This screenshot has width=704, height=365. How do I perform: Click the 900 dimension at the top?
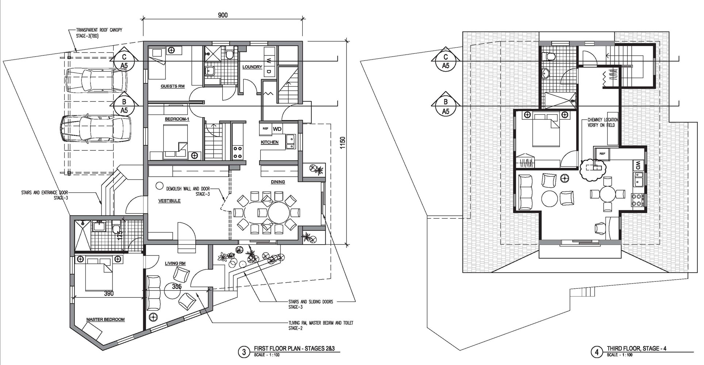[x=223, y=15]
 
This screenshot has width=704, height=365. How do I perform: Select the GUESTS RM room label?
[x=172, y=87]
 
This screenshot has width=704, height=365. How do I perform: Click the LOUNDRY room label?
[x=252, y=67]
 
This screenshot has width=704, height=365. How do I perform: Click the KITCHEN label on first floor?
[x=269, y=142]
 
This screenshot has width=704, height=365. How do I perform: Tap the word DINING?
[x=278, y=182]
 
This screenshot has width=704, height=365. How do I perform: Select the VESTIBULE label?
[x=169, y=201]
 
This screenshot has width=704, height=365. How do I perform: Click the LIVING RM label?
[x=175, y=263]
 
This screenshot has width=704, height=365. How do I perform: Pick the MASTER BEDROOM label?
[x=105, y=319]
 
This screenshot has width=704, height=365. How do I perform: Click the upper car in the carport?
[x=96, y=81]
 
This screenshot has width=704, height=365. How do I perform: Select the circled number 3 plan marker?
[x=242, y=352]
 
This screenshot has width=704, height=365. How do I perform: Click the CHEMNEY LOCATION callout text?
[x=602, y=122]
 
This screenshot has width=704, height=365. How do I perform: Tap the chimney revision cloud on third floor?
[x=592, y=169]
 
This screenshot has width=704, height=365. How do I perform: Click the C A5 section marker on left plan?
[x=124, y=61]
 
